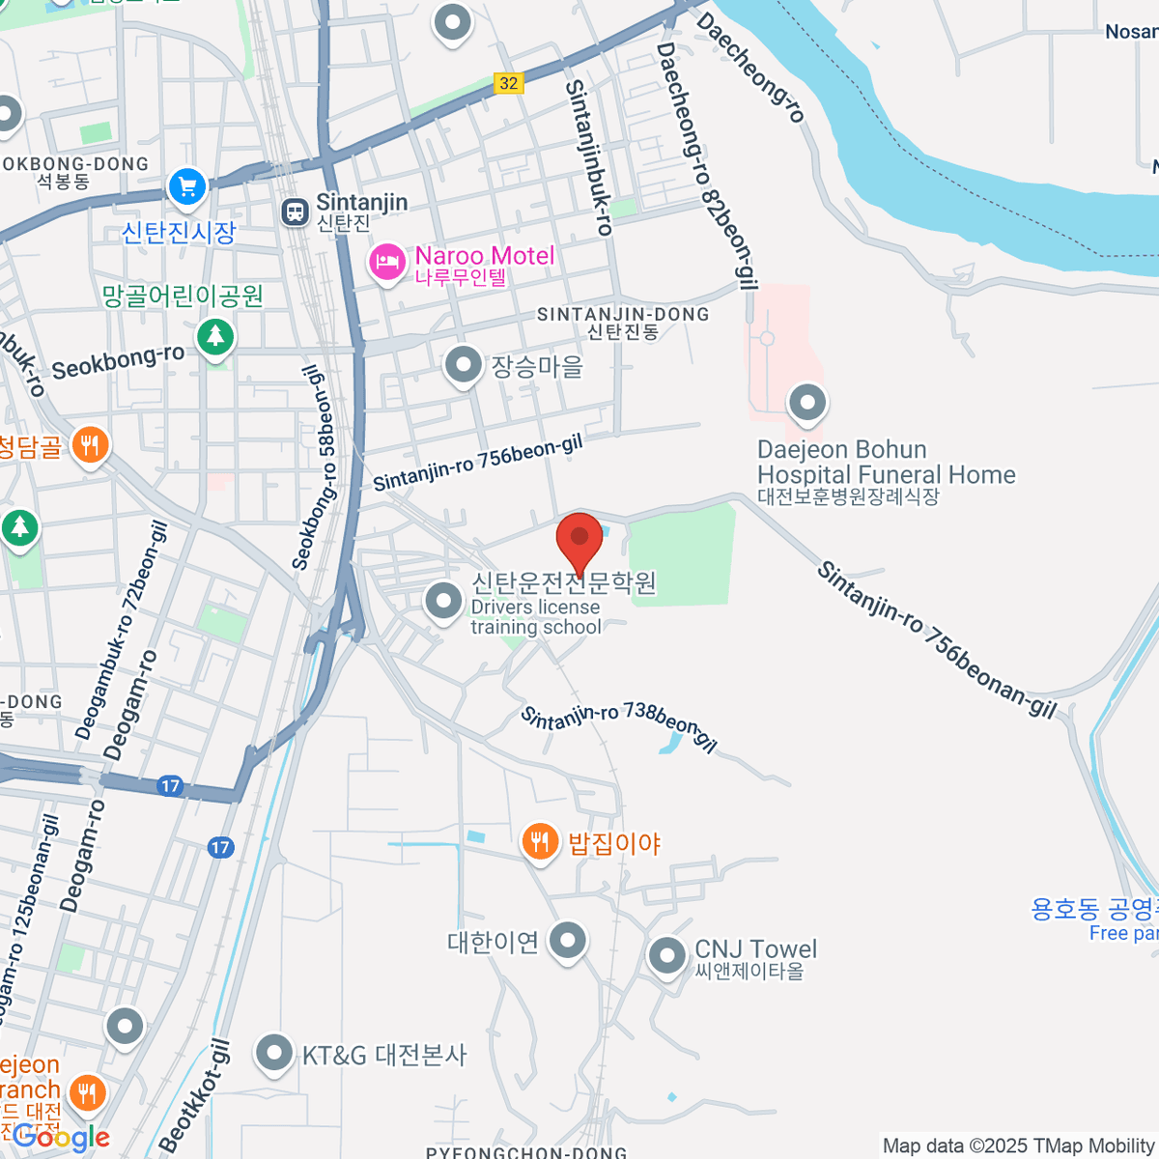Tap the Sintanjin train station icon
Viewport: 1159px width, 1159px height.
click(x=295, y=212)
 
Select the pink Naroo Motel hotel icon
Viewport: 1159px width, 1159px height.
click(x=387, y=262)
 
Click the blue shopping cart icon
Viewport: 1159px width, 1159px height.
click(x=186, y=186)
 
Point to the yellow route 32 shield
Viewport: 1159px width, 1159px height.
click(x=509, y=83)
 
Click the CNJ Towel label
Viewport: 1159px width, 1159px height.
click(x=755, y=949)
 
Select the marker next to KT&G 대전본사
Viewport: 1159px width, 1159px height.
click(x=274, y=1054)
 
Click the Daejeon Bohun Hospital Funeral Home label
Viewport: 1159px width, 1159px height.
click(x=886, y=463)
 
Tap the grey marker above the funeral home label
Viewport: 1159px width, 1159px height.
click(x=807, y=403)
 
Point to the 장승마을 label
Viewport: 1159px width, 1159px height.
click(x=537, y=367)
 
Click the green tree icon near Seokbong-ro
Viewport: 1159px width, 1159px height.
click(x=214, y=337)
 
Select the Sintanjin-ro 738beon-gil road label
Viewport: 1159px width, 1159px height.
click(x=619, y=727)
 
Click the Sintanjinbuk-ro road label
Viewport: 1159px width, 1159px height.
click(x=589, y=157)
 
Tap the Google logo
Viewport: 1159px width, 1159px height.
click(x=62, y=1137)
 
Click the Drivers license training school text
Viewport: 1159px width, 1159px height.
click(x=536, y=617)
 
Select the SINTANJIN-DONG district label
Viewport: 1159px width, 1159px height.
click(x=623, y=315)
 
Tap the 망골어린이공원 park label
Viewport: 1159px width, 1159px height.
click(x=183, y=296)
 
